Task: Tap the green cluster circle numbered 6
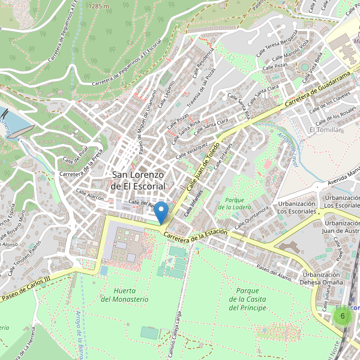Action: (342, 316)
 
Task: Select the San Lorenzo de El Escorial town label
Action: (139, 180)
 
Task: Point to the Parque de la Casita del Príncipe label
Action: (247, 299)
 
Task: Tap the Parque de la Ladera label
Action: (235, 203)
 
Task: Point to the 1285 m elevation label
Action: (98, 5)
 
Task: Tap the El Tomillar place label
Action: (325, 130)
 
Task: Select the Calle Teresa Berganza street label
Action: (277, 45)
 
